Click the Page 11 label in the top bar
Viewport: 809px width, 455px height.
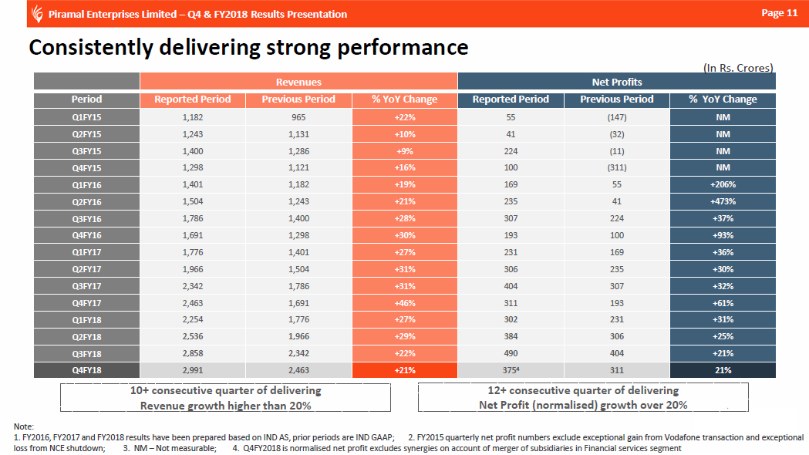[779, 13]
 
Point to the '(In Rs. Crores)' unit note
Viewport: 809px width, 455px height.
[738, 68]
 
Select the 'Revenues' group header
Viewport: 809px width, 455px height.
[298, 82]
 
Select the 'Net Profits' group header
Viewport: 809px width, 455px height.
[616, 82]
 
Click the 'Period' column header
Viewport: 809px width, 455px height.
[86, 99]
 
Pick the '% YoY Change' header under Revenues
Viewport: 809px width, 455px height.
[404, 99]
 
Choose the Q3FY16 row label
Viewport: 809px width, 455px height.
[86, 218]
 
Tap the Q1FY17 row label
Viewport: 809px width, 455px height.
[86, 252]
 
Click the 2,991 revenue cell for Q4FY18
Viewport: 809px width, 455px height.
[192, 370]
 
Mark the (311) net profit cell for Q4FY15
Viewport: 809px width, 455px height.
[616, 167]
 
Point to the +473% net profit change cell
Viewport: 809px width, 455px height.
[723, 201]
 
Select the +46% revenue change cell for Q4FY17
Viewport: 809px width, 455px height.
[404, 303]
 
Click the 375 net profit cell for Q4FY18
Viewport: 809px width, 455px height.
[510, 370]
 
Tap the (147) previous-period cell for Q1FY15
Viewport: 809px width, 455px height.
[616, 117]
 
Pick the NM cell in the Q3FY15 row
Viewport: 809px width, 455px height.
[723, 151]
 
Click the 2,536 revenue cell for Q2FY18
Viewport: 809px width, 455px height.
[192, 337]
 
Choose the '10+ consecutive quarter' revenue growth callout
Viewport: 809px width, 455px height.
[225, 398]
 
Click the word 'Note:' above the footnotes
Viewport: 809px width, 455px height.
[25, 426]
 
